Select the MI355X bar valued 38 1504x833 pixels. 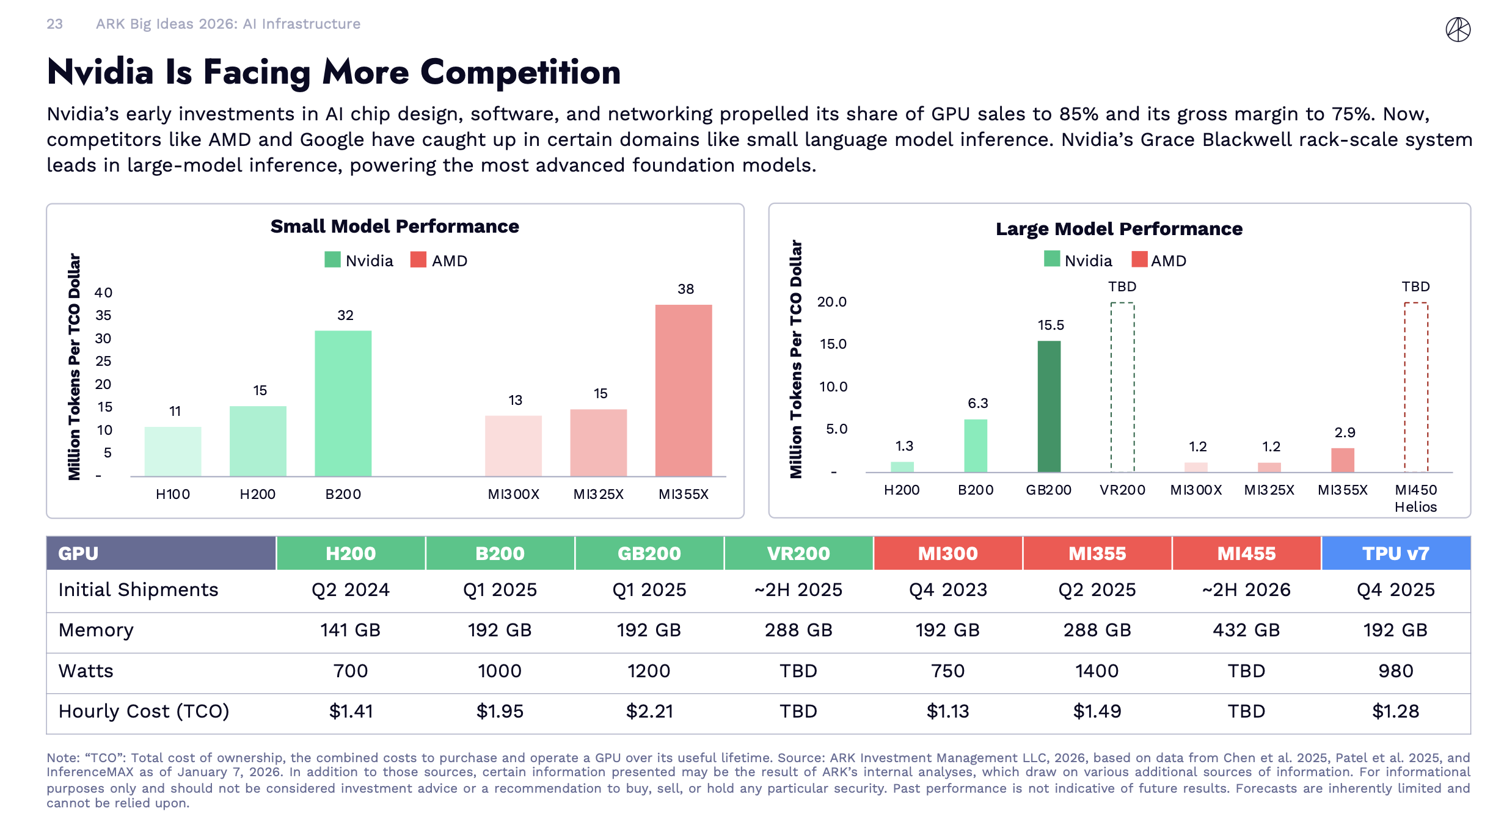tap(683, 390)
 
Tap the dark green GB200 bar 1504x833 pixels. tap(1049, 406)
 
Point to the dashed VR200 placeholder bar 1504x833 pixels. tap(1122, 387)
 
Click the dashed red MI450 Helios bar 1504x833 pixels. tap(1415, 387)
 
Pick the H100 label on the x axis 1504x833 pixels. tap(173, 494)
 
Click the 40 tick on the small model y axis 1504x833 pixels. tap(103, 293)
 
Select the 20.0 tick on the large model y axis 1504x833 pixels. tap(832, 302)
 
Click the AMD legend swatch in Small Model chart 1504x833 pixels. tap(418, 260)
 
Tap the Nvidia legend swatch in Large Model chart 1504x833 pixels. tap(1052, 260)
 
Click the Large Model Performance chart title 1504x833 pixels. tap(1119, 229)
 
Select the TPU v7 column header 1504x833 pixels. tap(1395, 553)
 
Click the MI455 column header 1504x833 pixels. tap(1246, 553)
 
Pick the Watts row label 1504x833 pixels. tap(86, 671)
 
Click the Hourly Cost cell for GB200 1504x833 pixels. tap(649, 711)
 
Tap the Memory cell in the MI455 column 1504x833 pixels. tap(1246, 630)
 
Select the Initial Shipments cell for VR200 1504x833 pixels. tap(798, 590)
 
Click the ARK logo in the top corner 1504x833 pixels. tap(1458, 29)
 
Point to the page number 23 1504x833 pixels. tap(55, 24)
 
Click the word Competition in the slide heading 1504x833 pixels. tap(520, 73)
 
